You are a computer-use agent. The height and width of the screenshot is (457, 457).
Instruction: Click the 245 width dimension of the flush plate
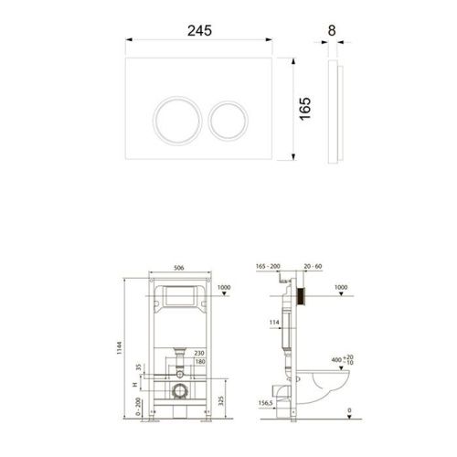(x=200, y=29)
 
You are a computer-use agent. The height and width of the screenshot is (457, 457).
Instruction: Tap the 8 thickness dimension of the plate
(x=331, y=29)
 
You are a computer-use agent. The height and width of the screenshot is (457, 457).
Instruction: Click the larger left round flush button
(x=175, y=119)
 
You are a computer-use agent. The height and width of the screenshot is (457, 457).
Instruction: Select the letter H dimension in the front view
(x=134, y=388)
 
